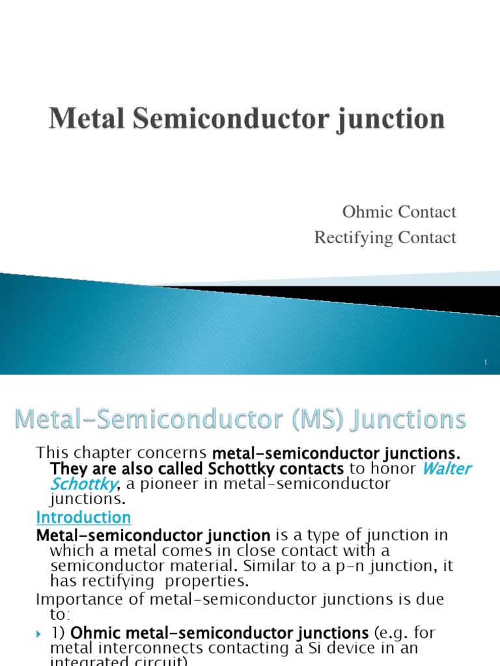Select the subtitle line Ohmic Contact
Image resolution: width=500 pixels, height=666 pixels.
pos(398,212)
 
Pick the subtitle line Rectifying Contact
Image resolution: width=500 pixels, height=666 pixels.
pos(385,238)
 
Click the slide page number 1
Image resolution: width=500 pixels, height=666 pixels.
pos(486,362)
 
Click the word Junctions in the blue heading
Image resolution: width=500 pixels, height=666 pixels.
pos(409,420)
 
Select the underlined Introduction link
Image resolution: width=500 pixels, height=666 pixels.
pos(83,518)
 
